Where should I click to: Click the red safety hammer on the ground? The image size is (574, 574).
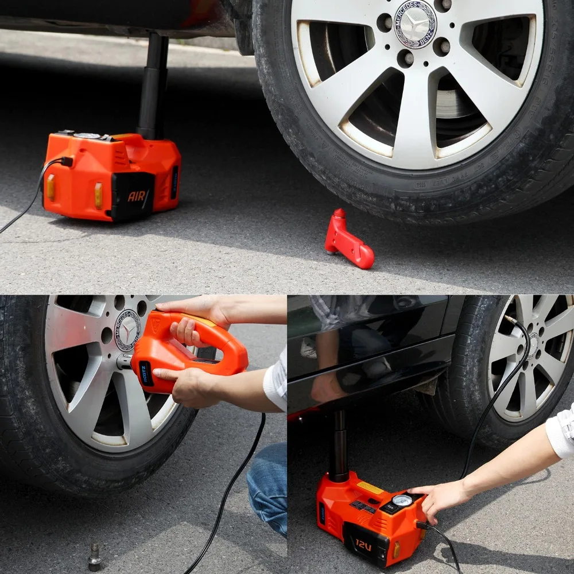[348, 241]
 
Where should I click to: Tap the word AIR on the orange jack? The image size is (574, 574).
[137, 196]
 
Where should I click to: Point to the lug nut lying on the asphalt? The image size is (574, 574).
[95, 556]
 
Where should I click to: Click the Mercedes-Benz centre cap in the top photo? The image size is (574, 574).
[415, 24]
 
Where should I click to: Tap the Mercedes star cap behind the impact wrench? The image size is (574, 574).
[127, 330]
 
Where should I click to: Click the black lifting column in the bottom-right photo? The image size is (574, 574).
[340, 445]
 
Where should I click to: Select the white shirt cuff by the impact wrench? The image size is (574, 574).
[276, 382]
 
